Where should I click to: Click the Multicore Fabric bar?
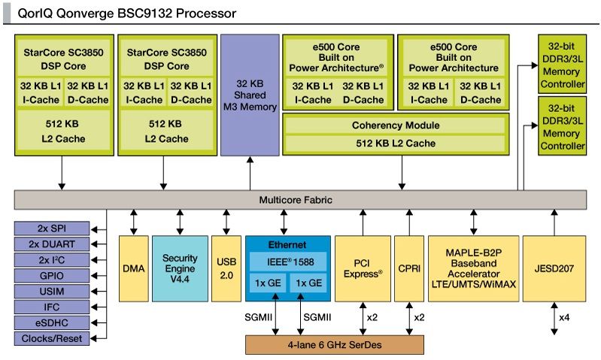tap(300, 200)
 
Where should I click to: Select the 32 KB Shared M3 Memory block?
tap(250, 94)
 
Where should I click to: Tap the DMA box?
tap(133, 268)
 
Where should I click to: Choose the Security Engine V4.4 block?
tap(179, 268)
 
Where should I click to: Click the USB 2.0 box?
tap(226, 268)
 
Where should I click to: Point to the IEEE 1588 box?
tap(287, 262)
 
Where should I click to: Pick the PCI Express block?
tap(363, 268)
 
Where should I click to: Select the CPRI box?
tap(409, 268)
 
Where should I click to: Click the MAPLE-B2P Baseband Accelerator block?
tap(473, 268)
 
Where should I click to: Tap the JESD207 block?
tap(554, 268)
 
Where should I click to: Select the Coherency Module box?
tap(395, 125)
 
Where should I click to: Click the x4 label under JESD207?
tap(563, 318)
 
